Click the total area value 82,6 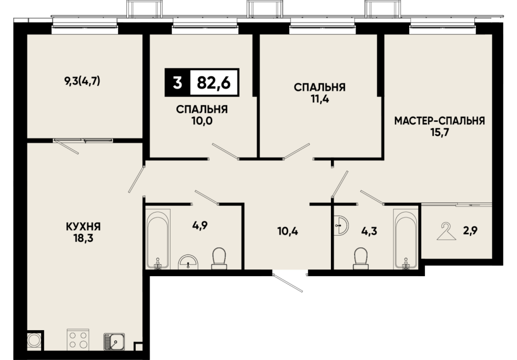[213, 82]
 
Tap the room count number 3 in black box [177, 82]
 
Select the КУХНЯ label [83, 227]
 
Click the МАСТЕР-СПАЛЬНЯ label [439, 121]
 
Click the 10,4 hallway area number [288, 231]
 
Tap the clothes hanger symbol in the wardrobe [446, 231]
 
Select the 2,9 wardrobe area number [471, 230]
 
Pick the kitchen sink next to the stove [115, 341]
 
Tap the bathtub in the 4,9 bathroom [158, 239]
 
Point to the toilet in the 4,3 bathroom [360, 258]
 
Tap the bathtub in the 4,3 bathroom [405, 239]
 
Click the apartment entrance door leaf [287, 282]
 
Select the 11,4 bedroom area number [320, 99]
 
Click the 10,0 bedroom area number [202, 121]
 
